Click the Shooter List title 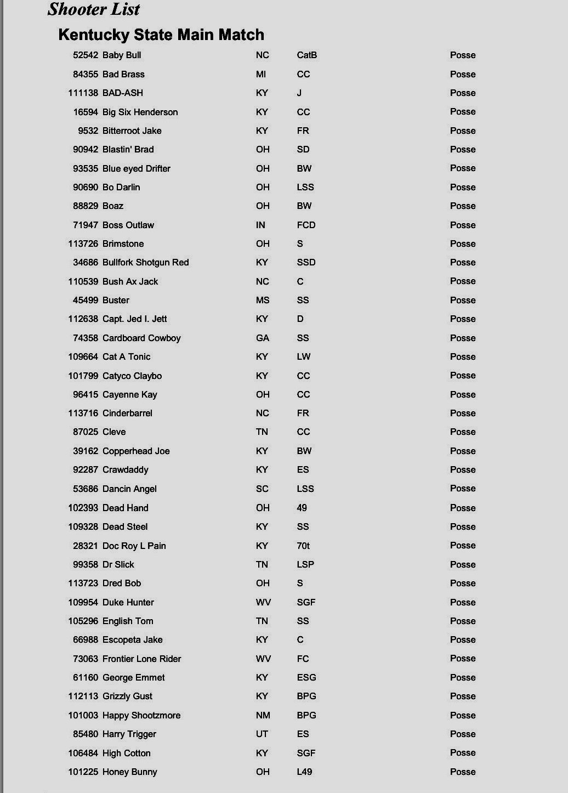(x=94, y=9)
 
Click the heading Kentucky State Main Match (x=161, y=35)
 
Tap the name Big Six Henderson (x=140, y=112)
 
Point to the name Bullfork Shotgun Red (x=145, y=262)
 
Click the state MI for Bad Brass (x=261, y=74)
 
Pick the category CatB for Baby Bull (x=306, y=55)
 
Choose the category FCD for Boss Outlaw (x=306, y=225)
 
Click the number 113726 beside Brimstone (x=83, y=243)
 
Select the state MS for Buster (x=263, y=300)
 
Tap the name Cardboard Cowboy (x=141, y=338)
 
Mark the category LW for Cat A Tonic (x=303, y=356)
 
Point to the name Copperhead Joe (x=136, y=451)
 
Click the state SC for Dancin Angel (x=262, y=489)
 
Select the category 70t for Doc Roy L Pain (x=303, y=546)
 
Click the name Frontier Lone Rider (x=141, y=659)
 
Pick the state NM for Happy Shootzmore (x=263, y=715)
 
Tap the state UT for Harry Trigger (x=262, y=734)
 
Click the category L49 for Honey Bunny (x=304, y=772)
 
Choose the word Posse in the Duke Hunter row (x=463, y=602)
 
